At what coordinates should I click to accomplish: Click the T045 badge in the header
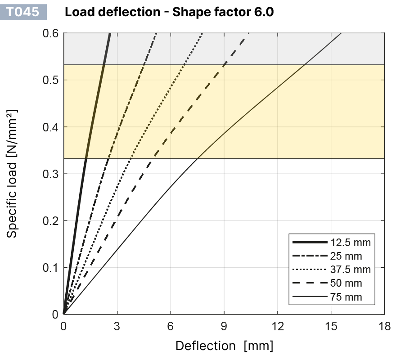(x=26, y=12)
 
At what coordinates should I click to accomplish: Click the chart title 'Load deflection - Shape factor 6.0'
(x=169, y=12)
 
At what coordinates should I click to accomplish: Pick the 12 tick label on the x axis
(x=277, y=326)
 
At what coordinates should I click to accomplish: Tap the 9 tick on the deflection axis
(x=224, y=326)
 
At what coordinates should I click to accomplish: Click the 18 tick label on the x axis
(x=384, y=326)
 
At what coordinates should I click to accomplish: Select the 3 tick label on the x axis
(x=117, y=326)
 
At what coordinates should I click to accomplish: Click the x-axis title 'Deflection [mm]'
(x=224, y=346)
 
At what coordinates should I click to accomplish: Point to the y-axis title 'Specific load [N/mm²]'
(x=13, y=173)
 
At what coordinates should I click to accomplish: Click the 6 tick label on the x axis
(x=171, y=326)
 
